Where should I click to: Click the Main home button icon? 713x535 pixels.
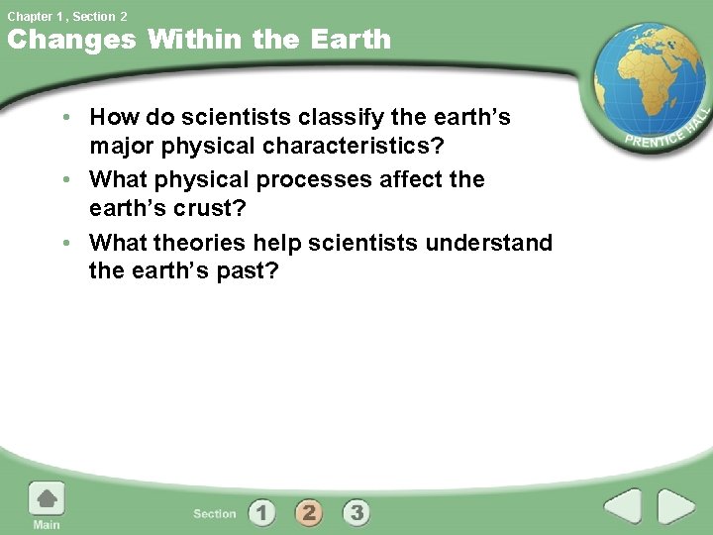(x=47, y=498)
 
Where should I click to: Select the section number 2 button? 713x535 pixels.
(x=309, y=512)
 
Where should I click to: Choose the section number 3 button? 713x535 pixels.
(x=356, y=512)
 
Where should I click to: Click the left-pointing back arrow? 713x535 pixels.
(x=624, y=508)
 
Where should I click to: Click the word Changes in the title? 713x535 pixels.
(x=71, y=40)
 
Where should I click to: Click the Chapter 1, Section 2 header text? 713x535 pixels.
(x=67, y=16)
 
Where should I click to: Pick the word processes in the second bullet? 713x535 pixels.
(x=306, y=180)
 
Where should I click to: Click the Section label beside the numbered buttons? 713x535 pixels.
(x=215, y=513)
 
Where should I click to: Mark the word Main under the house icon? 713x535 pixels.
(x=47, y=524)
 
